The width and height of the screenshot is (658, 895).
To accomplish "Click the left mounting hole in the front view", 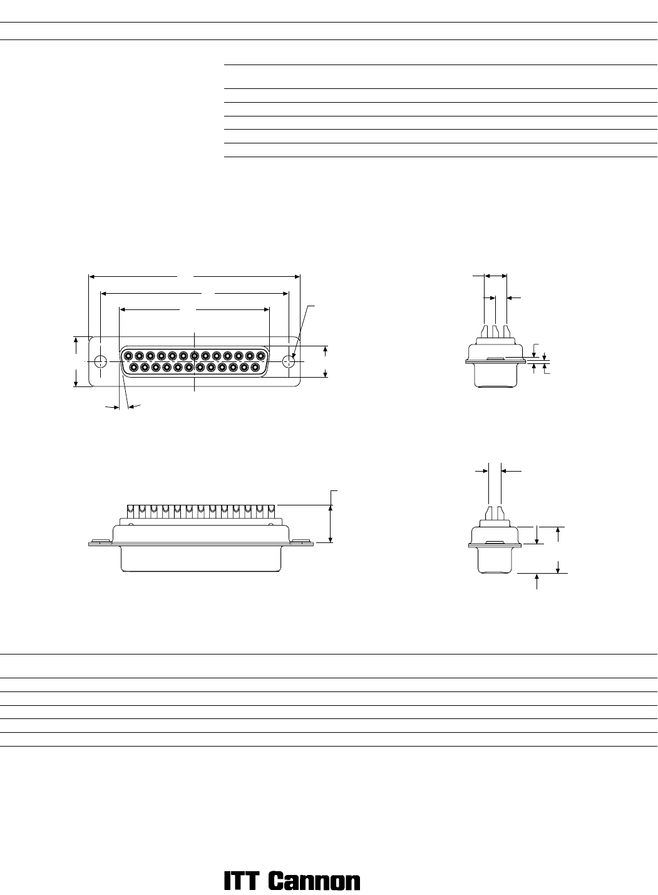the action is [100, 361].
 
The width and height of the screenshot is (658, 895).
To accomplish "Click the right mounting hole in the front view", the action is [289, 361].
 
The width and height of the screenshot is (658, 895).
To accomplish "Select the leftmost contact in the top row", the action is [128, 355].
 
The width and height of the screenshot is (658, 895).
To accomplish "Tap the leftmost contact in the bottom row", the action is [134, 366].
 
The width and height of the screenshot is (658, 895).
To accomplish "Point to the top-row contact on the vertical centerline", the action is [195, 355].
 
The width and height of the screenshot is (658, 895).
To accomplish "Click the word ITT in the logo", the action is [241, 881].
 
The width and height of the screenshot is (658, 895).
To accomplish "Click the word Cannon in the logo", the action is [314, 881].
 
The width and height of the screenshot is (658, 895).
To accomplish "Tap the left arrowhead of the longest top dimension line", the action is [92, 276].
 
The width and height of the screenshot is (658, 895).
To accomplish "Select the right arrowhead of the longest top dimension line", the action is [297, 276].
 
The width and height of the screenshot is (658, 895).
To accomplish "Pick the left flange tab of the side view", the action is [100, 542].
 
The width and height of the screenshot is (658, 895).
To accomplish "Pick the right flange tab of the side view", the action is [302, 542].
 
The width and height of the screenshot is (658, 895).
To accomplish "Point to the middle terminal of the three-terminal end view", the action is [495, 331].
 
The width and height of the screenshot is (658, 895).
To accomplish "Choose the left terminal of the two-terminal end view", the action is [489, 513].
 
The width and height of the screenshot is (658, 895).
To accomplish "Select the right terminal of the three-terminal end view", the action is [507, 331].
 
